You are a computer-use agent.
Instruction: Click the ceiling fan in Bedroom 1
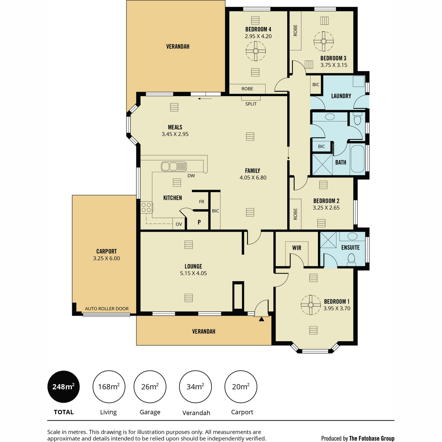coord(311,305)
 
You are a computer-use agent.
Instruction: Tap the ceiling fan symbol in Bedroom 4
coord(256,51)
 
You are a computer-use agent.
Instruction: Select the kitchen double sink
coord(174,166)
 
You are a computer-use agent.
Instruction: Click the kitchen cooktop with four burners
coord(146,207)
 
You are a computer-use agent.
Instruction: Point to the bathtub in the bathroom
coord(357,159)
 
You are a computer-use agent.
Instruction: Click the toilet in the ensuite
coord(351,260)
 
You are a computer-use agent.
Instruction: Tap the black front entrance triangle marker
coord(262,319)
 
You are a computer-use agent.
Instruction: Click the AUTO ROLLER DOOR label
coord(107,309)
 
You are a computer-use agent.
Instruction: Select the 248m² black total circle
coord(63,387)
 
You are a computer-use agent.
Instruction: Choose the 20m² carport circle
coord(241,387)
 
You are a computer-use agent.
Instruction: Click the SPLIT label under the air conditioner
coord(251,104)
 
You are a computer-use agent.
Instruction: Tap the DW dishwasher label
coord(191,176)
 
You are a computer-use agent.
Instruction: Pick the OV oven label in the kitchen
coord(179,224)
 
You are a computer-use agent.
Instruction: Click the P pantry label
coord(199,222)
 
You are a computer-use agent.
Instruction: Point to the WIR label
coord(297,248)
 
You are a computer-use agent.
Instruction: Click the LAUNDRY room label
coord(341,96)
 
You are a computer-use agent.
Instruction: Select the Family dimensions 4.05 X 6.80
coord(253,178)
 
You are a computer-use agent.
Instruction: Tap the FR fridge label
coord(201,201)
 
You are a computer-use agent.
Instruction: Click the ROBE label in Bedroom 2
coord(295,214)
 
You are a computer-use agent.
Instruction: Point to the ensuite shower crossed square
coord(328,240)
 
